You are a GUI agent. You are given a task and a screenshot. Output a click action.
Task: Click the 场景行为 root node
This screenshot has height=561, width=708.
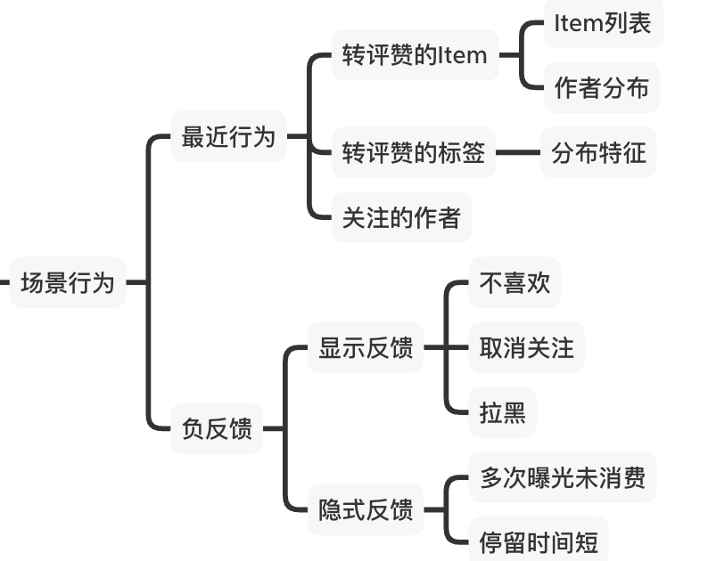[x=68, y=282]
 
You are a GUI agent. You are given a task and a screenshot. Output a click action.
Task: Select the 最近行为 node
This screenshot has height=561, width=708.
[x=228, y=137]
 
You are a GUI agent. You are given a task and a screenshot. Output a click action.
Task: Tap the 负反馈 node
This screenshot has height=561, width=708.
[x=217, y=428]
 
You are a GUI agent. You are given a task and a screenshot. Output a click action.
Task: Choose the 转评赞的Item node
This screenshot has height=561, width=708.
[x=415, y=55]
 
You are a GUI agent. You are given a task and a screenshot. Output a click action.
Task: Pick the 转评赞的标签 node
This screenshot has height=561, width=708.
[x=414, y=152]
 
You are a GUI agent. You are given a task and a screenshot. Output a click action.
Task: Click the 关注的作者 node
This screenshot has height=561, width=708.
[x=401, y=217]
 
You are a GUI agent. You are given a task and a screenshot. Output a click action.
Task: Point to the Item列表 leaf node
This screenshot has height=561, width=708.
[x=603, y=24]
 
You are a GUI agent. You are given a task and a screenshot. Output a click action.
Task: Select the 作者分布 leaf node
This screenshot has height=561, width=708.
[x=602, y=87]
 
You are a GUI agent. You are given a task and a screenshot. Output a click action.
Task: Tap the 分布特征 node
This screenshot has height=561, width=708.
[x=598, y=152]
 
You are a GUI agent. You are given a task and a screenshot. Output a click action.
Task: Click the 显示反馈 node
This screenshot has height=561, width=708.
[x=366, y=347]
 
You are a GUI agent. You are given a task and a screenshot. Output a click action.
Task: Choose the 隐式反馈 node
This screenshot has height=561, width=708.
[x=366, y=510]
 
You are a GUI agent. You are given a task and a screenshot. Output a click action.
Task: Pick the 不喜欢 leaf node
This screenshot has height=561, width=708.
[x=515, y=282]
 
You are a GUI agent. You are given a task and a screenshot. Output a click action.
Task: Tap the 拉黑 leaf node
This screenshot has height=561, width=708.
[x=503, y=412]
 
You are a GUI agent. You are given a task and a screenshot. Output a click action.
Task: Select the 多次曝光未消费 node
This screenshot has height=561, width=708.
[x=563, y=477]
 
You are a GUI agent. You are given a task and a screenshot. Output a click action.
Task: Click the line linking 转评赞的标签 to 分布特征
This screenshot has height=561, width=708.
[x=518, y=152]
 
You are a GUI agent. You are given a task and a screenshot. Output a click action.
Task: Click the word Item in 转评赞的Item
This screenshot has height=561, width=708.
[x=464, y=55]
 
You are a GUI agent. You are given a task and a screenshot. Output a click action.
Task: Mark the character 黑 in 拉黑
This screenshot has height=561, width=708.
[x=515, y=412]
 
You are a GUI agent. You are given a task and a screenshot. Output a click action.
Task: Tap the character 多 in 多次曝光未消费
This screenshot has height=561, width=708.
[x=492, y=477]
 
